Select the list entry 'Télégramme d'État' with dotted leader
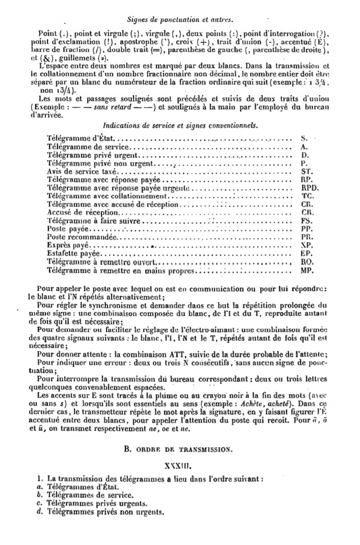pos(81,138)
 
